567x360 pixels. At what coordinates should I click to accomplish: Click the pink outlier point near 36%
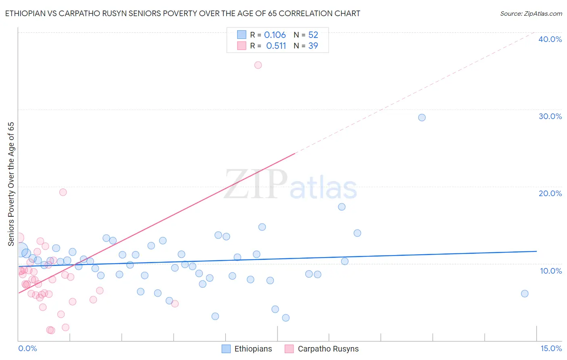click(258, 65)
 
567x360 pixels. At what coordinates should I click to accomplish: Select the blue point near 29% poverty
click(422, 117)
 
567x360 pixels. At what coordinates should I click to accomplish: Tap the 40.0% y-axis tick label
click(550, 39)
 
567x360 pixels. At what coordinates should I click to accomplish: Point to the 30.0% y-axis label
click(550, 116)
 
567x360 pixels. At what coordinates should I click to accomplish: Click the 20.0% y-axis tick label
click(550, 193)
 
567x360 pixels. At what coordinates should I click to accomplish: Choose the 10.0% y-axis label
click(551, 271)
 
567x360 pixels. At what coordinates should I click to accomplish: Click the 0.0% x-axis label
click(27, 349)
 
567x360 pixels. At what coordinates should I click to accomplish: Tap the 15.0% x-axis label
click(551, 349)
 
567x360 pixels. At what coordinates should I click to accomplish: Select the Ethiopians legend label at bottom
click(253, 349)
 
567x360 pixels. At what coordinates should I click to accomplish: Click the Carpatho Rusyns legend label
click(328, 349)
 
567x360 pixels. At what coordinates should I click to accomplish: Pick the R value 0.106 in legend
click(275, 35)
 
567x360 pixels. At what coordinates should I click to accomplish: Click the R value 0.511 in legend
click(276, 46)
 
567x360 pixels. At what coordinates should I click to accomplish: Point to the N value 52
click(313, 35)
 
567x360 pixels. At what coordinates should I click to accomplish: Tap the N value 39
click(313, 46)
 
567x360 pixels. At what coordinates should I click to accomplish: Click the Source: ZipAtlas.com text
click(531, 14)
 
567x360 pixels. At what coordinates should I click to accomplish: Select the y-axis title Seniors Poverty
click(11, 184)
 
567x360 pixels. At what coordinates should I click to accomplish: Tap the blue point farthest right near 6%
click(525, 293)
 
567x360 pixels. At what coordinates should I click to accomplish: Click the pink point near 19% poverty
click(63, 192)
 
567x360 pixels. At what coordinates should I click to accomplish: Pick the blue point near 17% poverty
click(342, 207)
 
